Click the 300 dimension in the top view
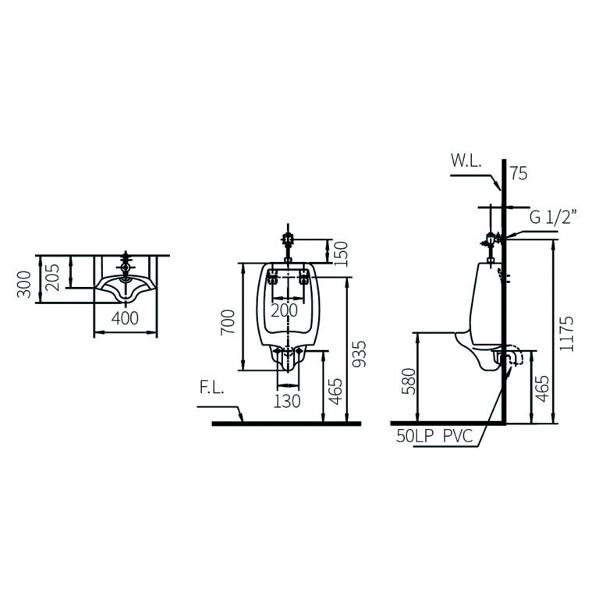point(25,284)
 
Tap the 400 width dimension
point(125,318)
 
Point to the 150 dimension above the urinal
point(340,253)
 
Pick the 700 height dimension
point(228,321)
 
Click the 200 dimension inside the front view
point(284,310)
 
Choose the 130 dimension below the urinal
point(288,400)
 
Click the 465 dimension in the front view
point(335,390)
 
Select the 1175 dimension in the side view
point(567,334)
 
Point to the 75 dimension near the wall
point(518,173)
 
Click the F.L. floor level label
point(211,388)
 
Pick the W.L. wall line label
point(466,161)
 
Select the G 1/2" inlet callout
point(552,218)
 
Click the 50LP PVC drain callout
point(434,437)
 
